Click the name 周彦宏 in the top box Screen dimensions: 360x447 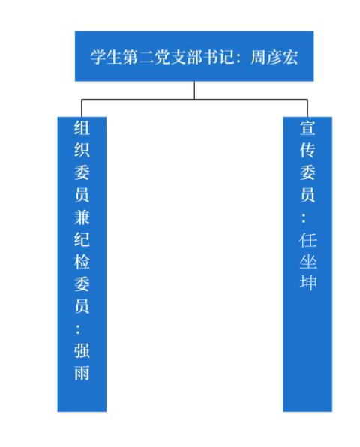274,57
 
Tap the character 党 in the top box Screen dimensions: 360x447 163,57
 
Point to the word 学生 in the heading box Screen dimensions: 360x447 106,57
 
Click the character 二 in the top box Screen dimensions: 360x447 146,57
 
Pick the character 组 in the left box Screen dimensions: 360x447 82,127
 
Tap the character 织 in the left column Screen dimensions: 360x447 82,150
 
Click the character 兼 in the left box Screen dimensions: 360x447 82,217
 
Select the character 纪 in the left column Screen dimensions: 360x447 82,239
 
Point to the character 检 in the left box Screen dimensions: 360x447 82,262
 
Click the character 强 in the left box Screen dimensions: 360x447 82,350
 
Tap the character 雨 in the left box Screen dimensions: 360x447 82,373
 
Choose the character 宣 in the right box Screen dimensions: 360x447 307,127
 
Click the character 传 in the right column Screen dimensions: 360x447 307,150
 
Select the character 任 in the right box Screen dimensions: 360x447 307,240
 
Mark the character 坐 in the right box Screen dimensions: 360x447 307,262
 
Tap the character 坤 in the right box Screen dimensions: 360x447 307,282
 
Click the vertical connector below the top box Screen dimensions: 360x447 194,90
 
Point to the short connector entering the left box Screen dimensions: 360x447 82,108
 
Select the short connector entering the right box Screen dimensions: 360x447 307,108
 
